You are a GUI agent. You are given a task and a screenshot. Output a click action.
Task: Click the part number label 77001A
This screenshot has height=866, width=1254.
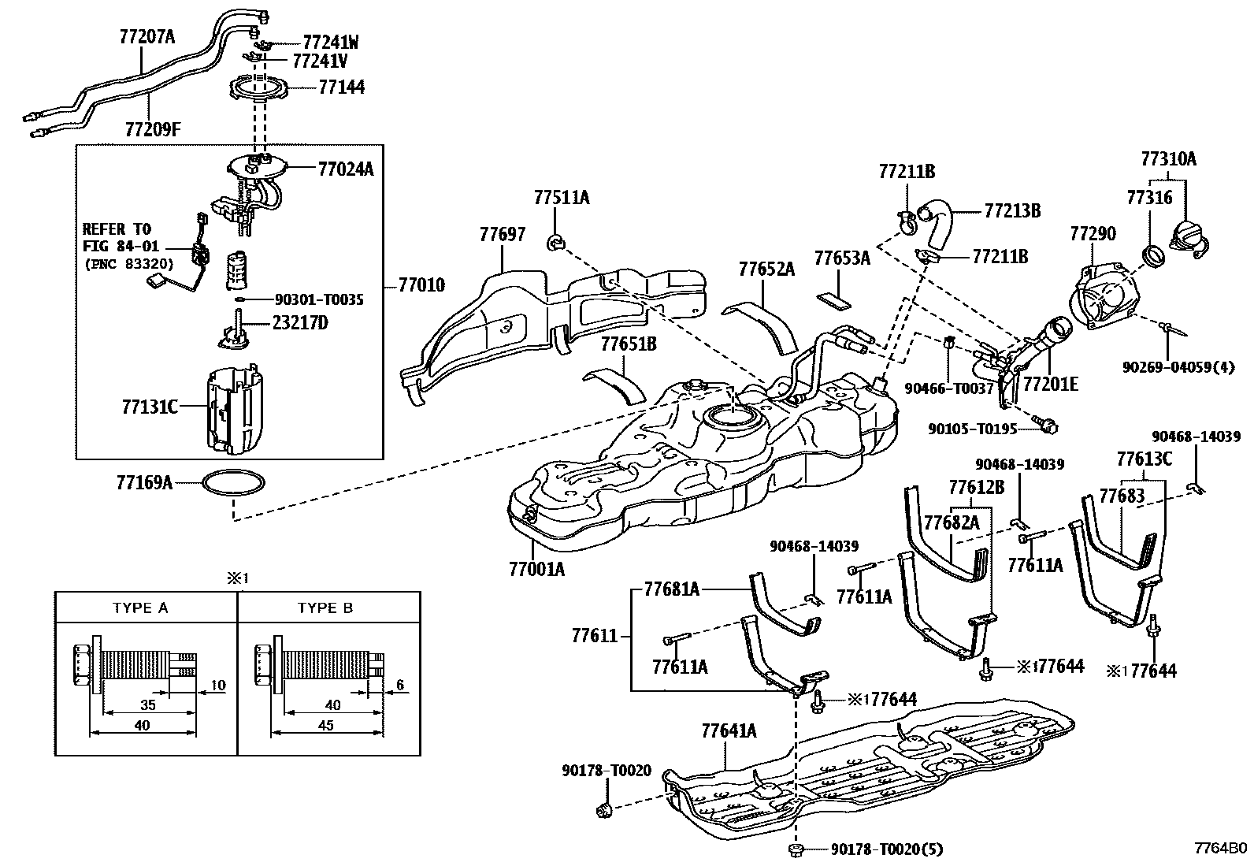[x=537, y=568]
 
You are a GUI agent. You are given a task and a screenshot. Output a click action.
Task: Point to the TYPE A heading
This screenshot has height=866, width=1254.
[x=140, y=608]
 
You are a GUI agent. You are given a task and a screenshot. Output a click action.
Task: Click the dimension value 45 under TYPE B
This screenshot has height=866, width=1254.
[x=325, y=726]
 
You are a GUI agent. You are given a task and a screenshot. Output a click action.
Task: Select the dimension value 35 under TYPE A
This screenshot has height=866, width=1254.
[x=147, y=706]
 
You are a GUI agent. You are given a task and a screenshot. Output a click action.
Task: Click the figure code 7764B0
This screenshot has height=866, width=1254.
[x=1220, y=849]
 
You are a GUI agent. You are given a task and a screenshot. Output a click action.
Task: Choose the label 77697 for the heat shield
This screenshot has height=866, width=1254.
[x=501, y=234]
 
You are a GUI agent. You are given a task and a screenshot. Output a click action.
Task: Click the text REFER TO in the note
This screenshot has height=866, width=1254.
[x=116, y=229]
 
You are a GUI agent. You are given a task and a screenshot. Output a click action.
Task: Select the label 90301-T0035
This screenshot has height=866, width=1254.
[x=319, y=300]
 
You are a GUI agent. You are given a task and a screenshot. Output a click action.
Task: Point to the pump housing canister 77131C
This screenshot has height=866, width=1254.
[x=233, y=410]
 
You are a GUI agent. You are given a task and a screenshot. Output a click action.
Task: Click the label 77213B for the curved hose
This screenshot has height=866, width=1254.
[x=1012, y=211]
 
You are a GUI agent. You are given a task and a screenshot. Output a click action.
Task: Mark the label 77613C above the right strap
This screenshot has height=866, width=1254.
[x=1144, y=459]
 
